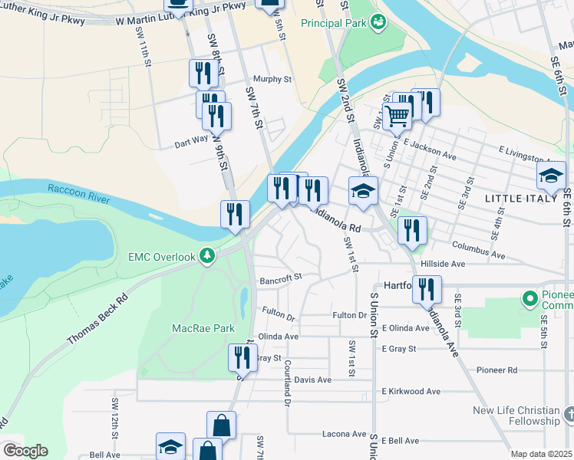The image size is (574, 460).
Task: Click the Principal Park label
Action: [x=332, y=24]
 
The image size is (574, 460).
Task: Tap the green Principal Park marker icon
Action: [x=378, y=23]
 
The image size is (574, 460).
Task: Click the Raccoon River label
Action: [x=78, y=193]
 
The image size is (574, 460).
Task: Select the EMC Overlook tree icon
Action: [x=206, y=256]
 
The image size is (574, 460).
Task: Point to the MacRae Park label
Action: [x=202, y=328]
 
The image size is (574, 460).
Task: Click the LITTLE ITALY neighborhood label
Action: [x=519, y=199]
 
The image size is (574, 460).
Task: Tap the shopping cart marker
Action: [x=397, y=117]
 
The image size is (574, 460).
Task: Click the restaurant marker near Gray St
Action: [x=242, y=357]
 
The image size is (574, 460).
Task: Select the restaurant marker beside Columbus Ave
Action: [x=413, y=230]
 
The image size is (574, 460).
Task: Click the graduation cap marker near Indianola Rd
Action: [x=364, y=191]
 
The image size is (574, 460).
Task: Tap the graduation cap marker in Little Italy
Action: [x=551, y=176]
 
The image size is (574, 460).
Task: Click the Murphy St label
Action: [x=273, y=79]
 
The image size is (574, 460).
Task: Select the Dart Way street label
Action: [x=191, y=142]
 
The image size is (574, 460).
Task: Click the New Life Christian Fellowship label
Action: [x=516, y=416]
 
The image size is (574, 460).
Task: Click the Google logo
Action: [x=25, y=450]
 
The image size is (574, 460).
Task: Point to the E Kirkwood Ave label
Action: [x=411, y=391]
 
